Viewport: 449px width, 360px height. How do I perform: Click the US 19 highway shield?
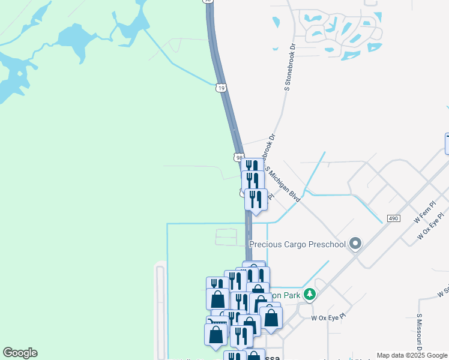pos(221,88)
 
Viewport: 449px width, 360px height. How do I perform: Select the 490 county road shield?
pos(393,218)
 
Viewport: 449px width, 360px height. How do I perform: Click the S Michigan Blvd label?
pos(283,184)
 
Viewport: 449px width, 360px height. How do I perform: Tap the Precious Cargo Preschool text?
pos(297,244)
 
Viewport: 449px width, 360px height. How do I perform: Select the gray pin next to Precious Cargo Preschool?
pos(355,243)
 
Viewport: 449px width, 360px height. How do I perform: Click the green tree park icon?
pos(310,294)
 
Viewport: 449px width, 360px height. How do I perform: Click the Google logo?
pos(20,353)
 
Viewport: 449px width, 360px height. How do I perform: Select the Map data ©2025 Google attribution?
pos(412,355)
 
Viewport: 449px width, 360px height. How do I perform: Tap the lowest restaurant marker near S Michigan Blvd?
pos(256,199)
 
